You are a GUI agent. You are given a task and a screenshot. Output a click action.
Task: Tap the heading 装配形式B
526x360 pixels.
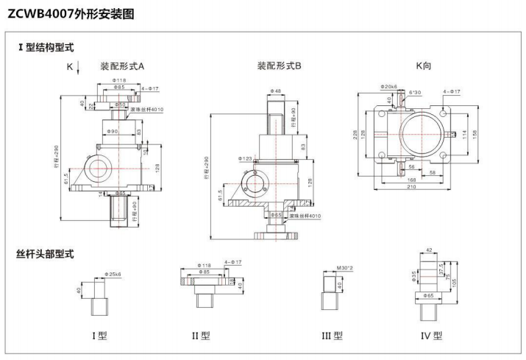click(x=280, y=66)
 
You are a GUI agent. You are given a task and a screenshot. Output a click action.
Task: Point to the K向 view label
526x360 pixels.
click(x=424, y=66)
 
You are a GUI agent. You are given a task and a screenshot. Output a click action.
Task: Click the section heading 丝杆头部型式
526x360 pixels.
click(x=45, y=254)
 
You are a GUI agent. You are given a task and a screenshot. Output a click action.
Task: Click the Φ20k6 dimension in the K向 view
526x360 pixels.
click(x=389, y=87)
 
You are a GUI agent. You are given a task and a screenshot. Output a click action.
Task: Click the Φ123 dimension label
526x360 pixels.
click(x=246, y=158)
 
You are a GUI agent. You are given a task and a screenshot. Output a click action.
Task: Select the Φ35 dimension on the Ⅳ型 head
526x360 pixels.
click(x=415, y=277)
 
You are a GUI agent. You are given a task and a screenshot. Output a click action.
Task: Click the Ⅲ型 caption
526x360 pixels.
click(x=333, y=336)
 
